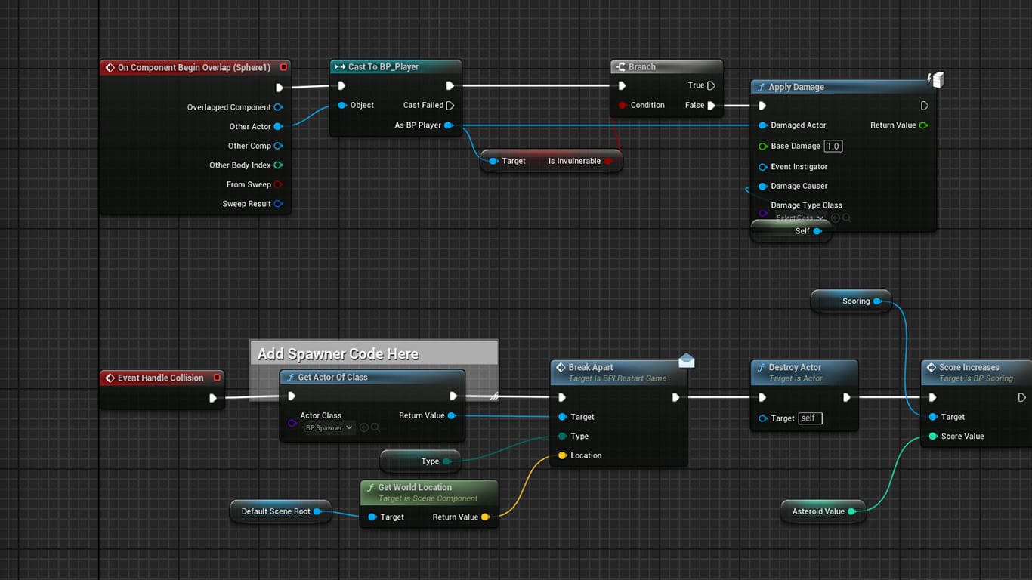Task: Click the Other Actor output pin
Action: (x=278, y=127)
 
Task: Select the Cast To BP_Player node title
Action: (x=383, y=67)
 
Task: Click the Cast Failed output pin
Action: (x=450, y=106)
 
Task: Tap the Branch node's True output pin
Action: (x=711, y=86)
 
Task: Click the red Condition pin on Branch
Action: (x=622, y=106)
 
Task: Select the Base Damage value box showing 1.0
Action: (x=833, y=147)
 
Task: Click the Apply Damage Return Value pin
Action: (x=923, y=125)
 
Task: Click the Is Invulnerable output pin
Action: (x=608, y=161)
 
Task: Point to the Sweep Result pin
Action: (x=278, y=204)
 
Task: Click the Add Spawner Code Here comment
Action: (x=338, y=354)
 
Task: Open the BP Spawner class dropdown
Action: (x=329, y=428)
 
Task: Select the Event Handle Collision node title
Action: (x=160, y=378)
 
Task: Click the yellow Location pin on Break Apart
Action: (x=562, y=456)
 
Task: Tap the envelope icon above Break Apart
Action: (x=686, y=361)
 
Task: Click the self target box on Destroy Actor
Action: (x=810, y=418)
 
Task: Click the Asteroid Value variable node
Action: (x=817, y=511)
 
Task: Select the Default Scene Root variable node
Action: (x=275, y=511)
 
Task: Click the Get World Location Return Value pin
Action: (x=485, y=517)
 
